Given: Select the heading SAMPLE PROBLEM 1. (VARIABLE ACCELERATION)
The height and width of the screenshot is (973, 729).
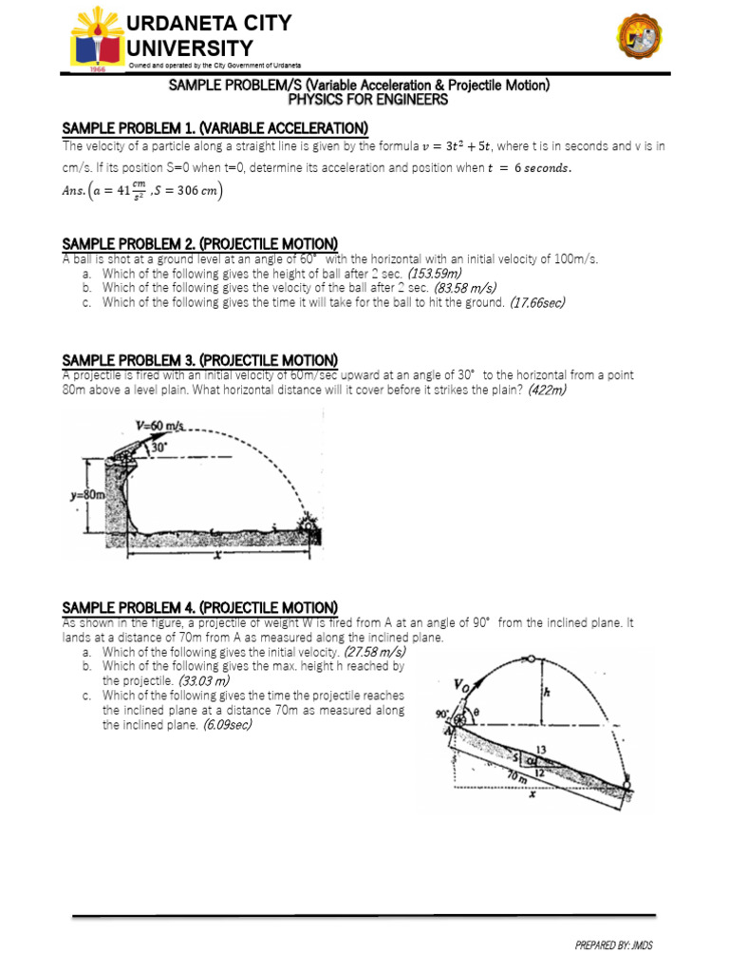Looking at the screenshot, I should point(215,128).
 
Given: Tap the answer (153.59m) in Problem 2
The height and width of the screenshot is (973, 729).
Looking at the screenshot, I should point(435,274).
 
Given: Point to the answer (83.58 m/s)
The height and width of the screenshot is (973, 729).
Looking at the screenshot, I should point(465,288).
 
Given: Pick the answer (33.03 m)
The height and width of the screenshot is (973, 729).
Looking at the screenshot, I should point(202,681).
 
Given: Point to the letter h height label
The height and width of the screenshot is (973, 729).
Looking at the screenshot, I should point(545,693).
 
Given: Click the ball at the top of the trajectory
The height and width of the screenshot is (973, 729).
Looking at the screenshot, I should point(532,658).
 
